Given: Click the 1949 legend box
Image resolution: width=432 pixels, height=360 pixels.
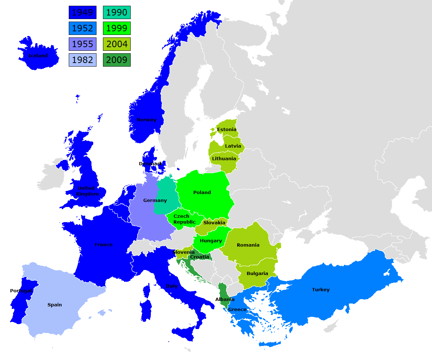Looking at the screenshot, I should pyautogui.click(x=82, y=13).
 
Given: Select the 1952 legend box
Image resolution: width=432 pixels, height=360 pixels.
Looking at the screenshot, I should pyautogui.click(x=82, y=28).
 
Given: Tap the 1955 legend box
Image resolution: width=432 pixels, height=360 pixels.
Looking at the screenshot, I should pyautogui.click(x=82, y=44).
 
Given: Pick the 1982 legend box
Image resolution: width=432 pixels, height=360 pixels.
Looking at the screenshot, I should pyautogui.click(x=82, y=60).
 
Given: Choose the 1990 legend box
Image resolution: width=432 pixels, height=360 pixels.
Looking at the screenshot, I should pyautogui.click(x=117, y=13).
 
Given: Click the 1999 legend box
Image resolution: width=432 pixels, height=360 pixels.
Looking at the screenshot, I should pyautogui.click(x=117, y=28).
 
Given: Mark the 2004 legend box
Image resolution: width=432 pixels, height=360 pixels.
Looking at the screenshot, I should pyautogui.click(x=117, y=44).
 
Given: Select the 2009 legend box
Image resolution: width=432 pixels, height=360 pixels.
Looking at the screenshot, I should pyautogui.click(x=117, y=60).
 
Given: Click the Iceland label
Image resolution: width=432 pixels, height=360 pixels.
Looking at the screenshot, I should pyautogui.click(x=38, y=56).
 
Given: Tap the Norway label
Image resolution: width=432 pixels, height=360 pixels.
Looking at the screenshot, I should pyautogui.click(x=147, y=120).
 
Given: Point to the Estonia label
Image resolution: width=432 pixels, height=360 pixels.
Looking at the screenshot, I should pyautogui.click(x=227, y=130).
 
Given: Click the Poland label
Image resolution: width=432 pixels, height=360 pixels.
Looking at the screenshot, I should pyautogui.click(x=202, y=193).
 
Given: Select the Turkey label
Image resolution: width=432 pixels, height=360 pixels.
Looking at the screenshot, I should pyautogui.click(x=321, y=290).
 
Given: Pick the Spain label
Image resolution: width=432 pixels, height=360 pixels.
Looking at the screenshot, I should pyautogui.click(x=55, y=305).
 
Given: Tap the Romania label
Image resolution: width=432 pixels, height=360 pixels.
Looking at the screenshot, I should pyautogui.click(x=248, y=245).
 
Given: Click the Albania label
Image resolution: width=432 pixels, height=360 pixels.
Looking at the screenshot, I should pyautogui.click(x=225, y=300).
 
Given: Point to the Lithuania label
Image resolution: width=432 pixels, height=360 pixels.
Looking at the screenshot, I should pyautogui.click(x=224, y=159).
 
